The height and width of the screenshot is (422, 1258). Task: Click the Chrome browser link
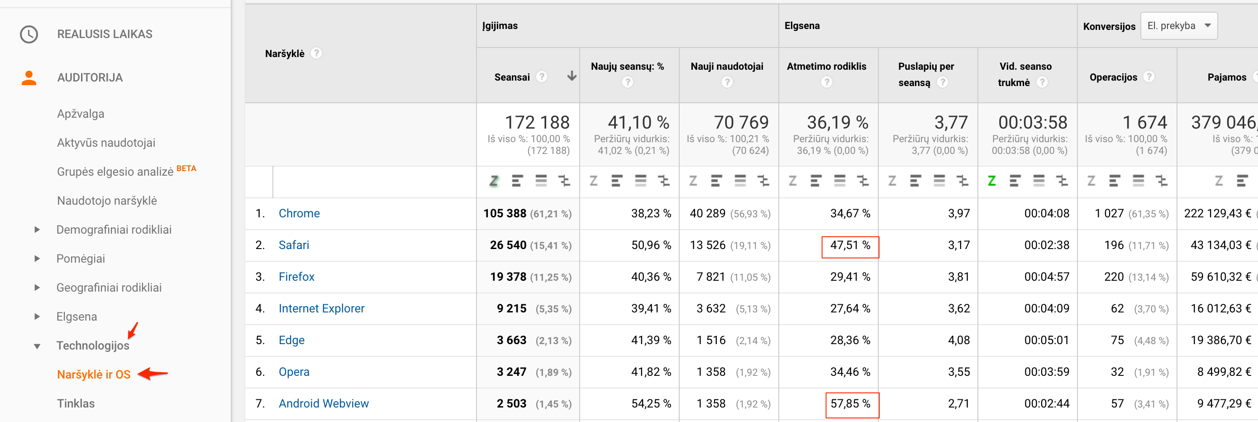(x=299, y=213)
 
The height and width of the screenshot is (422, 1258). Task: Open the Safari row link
(x=294, y=245)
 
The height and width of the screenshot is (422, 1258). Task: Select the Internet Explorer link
(x=321, y=309)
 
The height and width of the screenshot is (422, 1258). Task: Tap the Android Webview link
(x=323, y=403)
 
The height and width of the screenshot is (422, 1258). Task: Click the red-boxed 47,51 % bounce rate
(x=850, y=246)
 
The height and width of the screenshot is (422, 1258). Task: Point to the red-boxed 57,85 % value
(x=851, y=404)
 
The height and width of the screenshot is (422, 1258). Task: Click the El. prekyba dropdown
(x=1178, y=26)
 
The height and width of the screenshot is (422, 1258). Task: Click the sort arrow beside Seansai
(x=572, y=76)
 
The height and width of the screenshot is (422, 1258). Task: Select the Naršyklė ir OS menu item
(x=94, y=374)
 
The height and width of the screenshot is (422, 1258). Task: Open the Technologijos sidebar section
(x=93, y=346)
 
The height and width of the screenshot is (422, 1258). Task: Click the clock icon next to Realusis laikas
(x=29, y=34)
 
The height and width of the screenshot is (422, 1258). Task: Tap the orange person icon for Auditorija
(x=29, y=78)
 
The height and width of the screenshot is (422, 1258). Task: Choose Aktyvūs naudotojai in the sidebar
(x=106, y=143)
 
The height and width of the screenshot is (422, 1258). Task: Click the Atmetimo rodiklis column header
(x=826, y=67)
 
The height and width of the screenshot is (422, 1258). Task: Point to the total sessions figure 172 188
(x=537, y=122)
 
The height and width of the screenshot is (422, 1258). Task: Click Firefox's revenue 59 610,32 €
(x=1220, y=277)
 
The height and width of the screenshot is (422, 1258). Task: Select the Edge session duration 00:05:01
(x=1047, y=340)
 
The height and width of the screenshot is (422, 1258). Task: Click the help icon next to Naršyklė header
(x=316, y=53)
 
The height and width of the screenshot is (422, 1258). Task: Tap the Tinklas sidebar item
(x=76, y=403)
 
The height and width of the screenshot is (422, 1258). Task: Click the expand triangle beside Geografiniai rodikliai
(x=37, y=288)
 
